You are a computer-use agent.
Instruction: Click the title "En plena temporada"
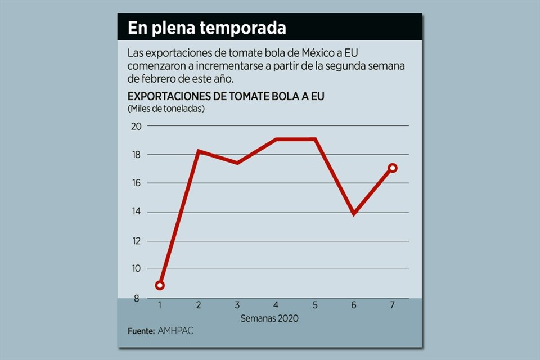pyautogui.click(x=206, y=28)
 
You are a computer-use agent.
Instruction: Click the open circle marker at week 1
pyautogui.click(x=160, y=285)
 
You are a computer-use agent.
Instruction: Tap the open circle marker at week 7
pyautogui.click(x=393, y=168)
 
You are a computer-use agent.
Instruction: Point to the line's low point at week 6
pyautogui.click(x=354, y=213)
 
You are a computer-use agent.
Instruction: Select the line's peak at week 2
pyautogui.click(x=199, y=151)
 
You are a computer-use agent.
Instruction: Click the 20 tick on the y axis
pyautogui.click(x=136, y=126)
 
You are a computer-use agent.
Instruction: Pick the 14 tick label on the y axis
pyautogui.click(x=136, y=212)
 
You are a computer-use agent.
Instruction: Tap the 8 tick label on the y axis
pyautogui.click(x=136, y=298)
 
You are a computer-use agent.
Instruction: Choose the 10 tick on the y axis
pyautogui.click(x=136, y=269)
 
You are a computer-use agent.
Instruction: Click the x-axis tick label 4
pyautogui.click(x=276, y=305)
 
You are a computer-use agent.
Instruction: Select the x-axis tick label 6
pyautogui.click(x=354, y=305)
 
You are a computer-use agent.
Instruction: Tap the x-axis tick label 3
pyautogui.click(x=237, y=305)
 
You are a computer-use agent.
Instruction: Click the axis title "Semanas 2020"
pyautogui.click(x=269, y=318)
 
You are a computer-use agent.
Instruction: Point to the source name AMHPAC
pyautogui.click(x=175, y=331)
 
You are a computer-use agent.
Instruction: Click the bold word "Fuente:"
pyautogui.click(x=141, y=331)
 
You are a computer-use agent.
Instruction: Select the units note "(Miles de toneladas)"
pyautogui.click(x=166, y=108)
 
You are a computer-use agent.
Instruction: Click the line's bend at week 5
pyautogui.click(x=316, y=139)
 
